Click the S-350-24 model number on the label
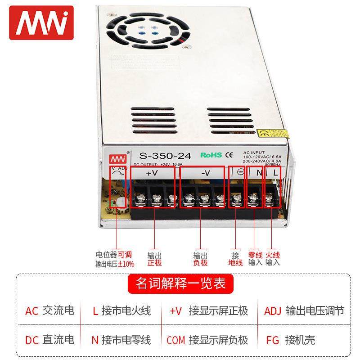click(165, 156)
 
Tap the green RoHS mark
click(211, 155)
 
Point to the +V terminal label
click(152, 173)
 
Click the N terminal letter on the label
click(259, 172)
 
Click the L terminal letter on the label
click(275, 172)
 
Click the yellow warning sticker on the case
click(272, 134)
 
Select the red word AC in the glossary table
click(32, 311)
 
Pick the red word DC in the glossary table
click(32, 340)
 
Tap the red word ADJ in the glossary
click(273, 311)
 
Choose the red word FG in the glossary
click(273, 340)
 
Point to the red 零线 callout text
click(255, 255)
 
